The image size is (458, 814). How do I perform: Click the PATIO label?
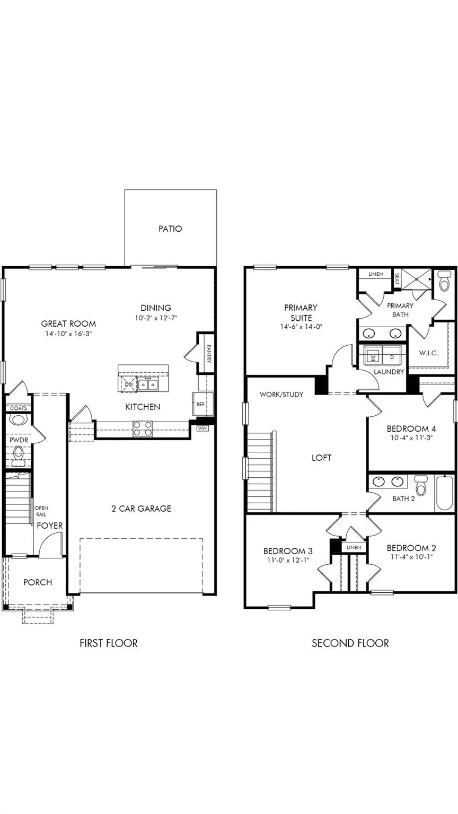[170, 229]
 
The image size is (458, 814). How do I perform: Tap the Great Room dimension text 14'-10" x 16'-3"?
[68, 334]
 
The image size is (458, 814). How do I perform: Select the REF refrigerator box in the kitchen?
[200, 404]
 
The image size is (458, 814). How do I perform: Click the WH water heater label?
[202, 427]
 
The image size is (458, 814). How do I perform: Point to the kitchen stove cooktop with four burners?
[142, 428]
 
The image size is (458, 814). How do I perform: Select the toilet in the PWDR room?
[19, 454]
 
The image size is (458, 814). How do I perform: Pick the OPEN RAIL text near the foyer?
[41, 511]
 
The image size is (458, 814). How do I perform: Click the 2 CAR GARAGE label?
[141, 509]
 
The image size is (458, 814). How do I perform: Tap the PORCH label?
[38, 582]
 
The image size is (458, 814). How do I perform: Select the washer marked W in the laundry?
[373, 357]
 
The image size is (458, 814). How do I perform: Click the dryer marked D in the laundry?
[392, 357]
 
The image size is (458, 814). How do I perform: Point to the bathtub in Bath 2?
[444, 494]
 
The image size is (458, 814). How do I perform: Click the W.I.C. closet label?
[428, 353]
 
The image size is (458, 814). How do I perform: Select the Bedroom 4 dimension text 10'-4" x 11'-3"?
[411, 439]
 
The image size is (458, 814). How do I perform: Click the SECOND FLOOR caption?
[350, 643]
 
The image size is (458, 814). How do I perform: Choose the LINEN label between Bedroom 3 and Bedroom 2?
[354, 547]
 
